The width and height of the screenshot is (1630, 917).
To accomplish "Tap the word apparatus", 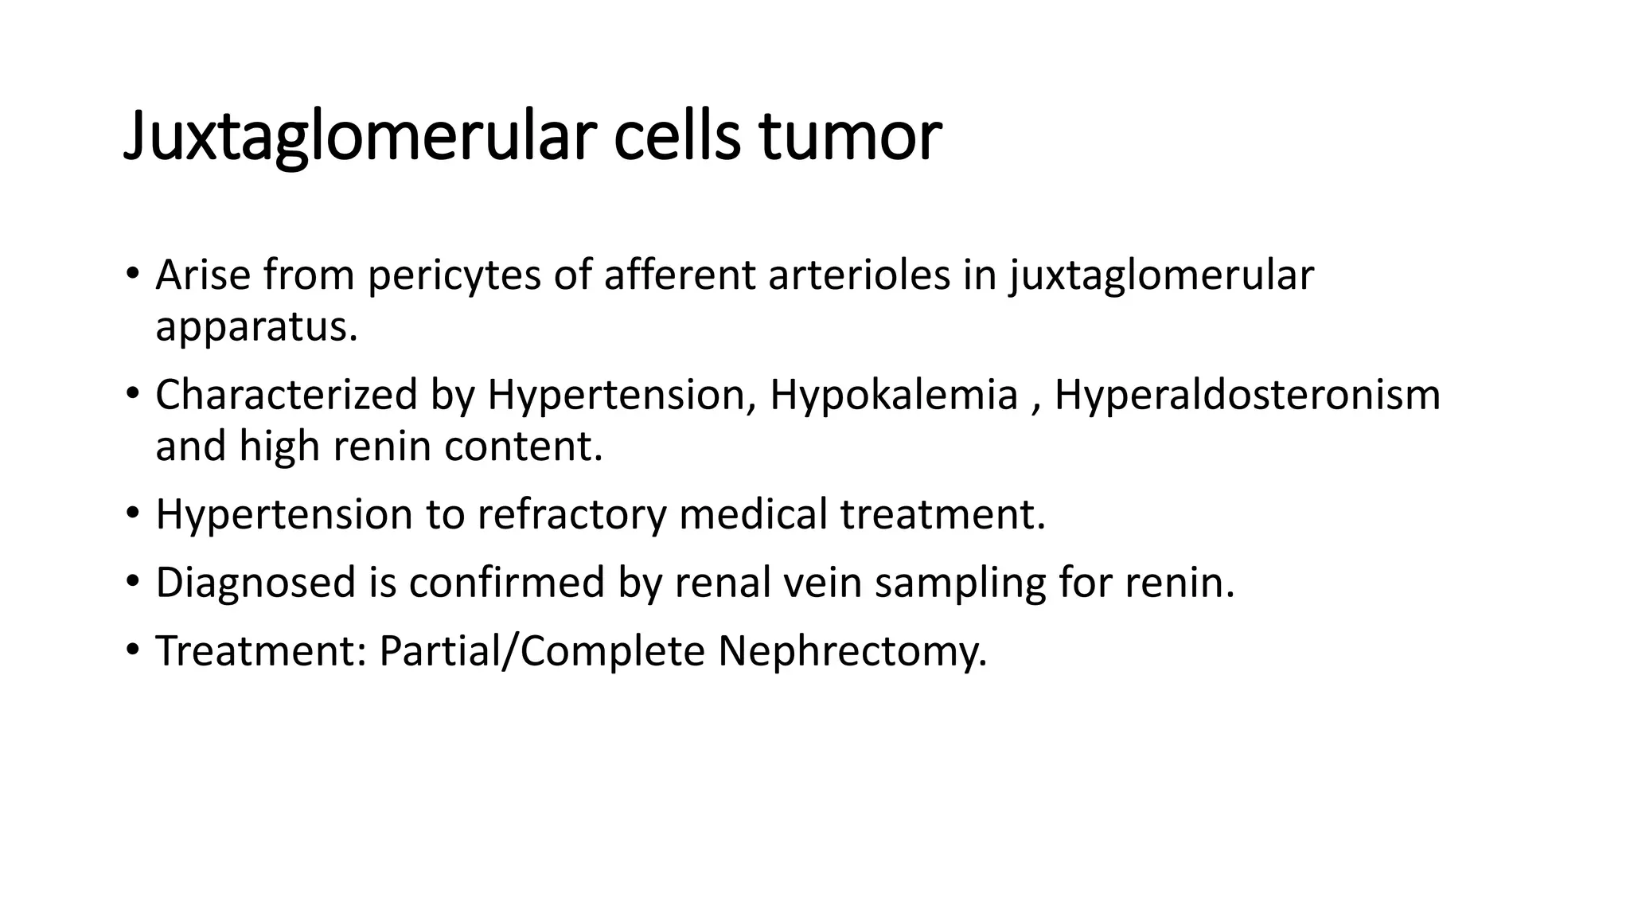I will [256, 327].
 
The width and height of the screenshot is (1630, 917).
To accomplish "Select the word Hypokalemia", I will [894, 396].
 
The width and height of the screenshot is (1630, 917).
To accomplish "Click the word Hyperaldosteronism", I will [1247, 396].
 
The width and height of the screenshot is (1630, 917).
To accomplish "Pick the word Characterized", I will [287, 395].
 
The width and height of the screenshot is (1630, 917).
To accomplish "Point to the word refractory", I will [571, 515].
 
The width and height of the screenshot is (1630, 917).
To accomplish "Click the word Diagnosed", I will [255, 583].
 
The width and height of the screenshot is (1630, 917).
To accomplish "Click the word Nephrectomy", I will [852, 652].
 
